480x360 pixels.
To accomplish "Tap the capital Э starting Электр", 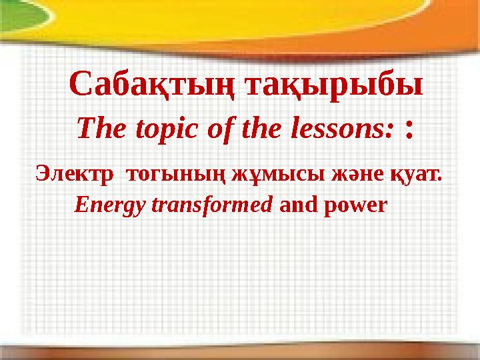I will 41,175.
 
